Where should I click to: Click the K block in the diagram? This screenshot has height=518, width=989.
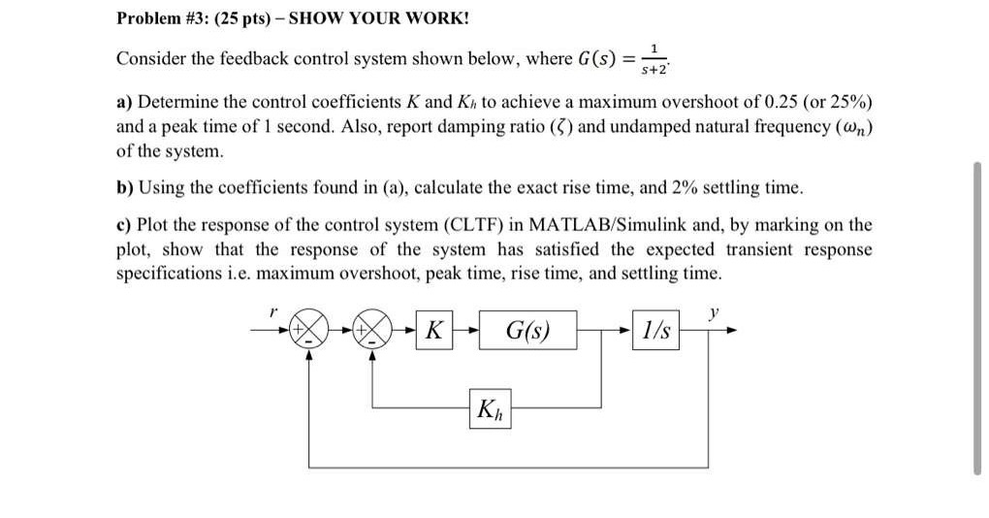coord(434,332)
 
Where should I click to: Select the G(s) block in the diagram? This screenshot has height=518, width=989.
coord(527,332)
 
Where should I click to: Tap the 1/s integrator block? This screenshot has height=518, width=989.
coord(655,332)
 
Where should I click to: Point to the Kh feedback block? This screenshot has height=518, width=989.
coord(490,409)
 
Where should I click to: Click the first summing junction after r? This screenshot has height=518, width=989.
coord(308,331)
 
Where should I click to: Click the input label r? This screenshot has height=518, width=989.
coord(274,313)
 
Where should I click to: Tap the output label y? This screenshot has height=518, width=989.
coord(715,312)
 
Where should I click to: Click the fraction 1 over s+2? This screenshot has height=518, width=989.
coord(658,58)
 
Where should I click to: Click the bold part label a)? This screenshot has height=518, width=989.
coord(125,103)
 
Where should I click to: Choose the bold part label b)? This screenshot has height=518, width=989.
coord(126,187)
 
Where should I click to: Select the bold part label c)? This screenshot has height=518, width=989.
coord(125,225)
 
